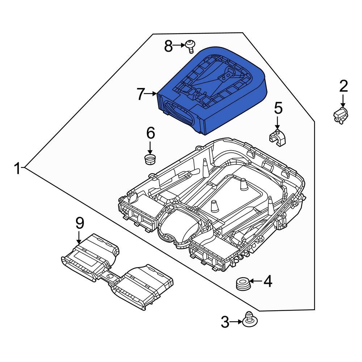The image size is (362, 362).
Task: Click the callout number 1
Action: [x=17, y=168]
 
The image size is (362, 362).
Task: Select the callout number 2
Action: [x=343, y=86]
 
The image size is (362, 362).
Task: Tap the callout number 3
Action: [x=225, y=322]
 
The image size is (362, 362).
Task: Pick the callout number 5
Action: [x=278, y=108]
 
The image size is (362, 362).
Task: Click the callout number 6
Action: [x=150, y=133]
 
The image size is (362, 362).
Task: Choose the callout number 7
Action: [x=141, y=94]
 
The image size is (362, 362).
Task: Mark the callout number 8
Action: [x=169, y=46]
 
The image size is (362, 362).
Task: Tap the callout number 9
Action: [x=80, y=223]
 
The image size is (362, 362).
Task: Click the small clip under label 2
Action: [x=340, y=116]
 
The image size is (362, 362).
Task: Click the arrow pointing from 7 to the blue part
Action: [x=151, y=94]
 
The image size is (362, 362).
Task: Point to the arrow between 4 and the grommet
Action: [x=254, y=281]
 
